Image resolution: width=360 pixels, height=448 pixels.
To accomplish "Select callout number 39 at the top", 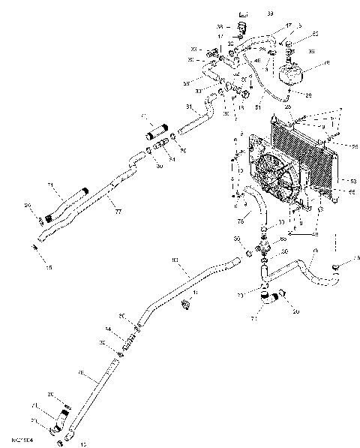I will pos(270,14).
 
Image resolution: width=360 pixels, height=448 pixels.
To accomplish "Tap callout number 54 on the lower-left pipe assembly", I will pos(108,331).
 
